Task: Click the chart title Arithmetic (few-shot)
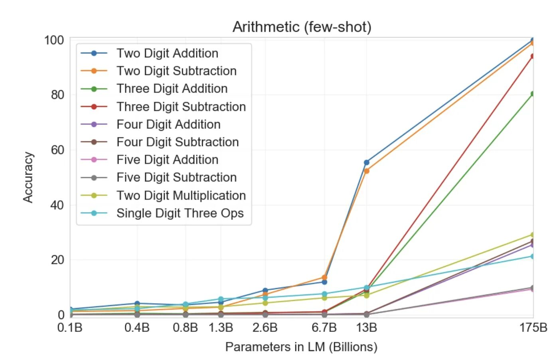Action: [302, 27]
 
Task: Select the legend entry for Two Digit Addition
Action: [167, 53]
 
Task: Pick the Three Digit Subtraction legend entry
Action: [181, 107]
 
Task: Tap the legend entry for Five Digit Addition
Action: [167, 160]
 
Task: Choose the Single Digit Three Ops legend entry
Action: [180, 213]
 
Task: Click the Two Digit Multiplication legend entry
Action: [181, 195]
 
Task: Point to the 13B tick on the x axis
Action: [366, 327]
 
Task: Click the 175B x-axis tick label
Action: [533, 327]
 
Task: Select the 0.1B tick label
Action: [70, 327]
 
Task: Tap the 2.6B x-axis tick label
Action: [265, 327]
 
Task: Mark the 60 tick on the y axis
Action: [57, 150]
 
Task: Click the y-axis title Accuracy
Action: [28, 177]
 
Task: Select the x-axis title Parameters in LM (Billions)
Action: [301, 347]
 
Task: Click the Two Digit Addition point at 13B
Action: [366, 162]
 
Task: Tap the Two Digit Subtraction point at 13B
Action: [366, 171]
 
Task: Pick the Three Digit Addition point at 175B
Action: [532, 94]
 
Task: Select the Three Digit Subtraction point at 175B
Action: [532, 56]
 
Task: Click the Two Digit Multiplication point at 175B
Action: [532, 235]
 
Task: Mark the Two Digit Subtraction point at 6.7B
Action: [324, 277]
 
